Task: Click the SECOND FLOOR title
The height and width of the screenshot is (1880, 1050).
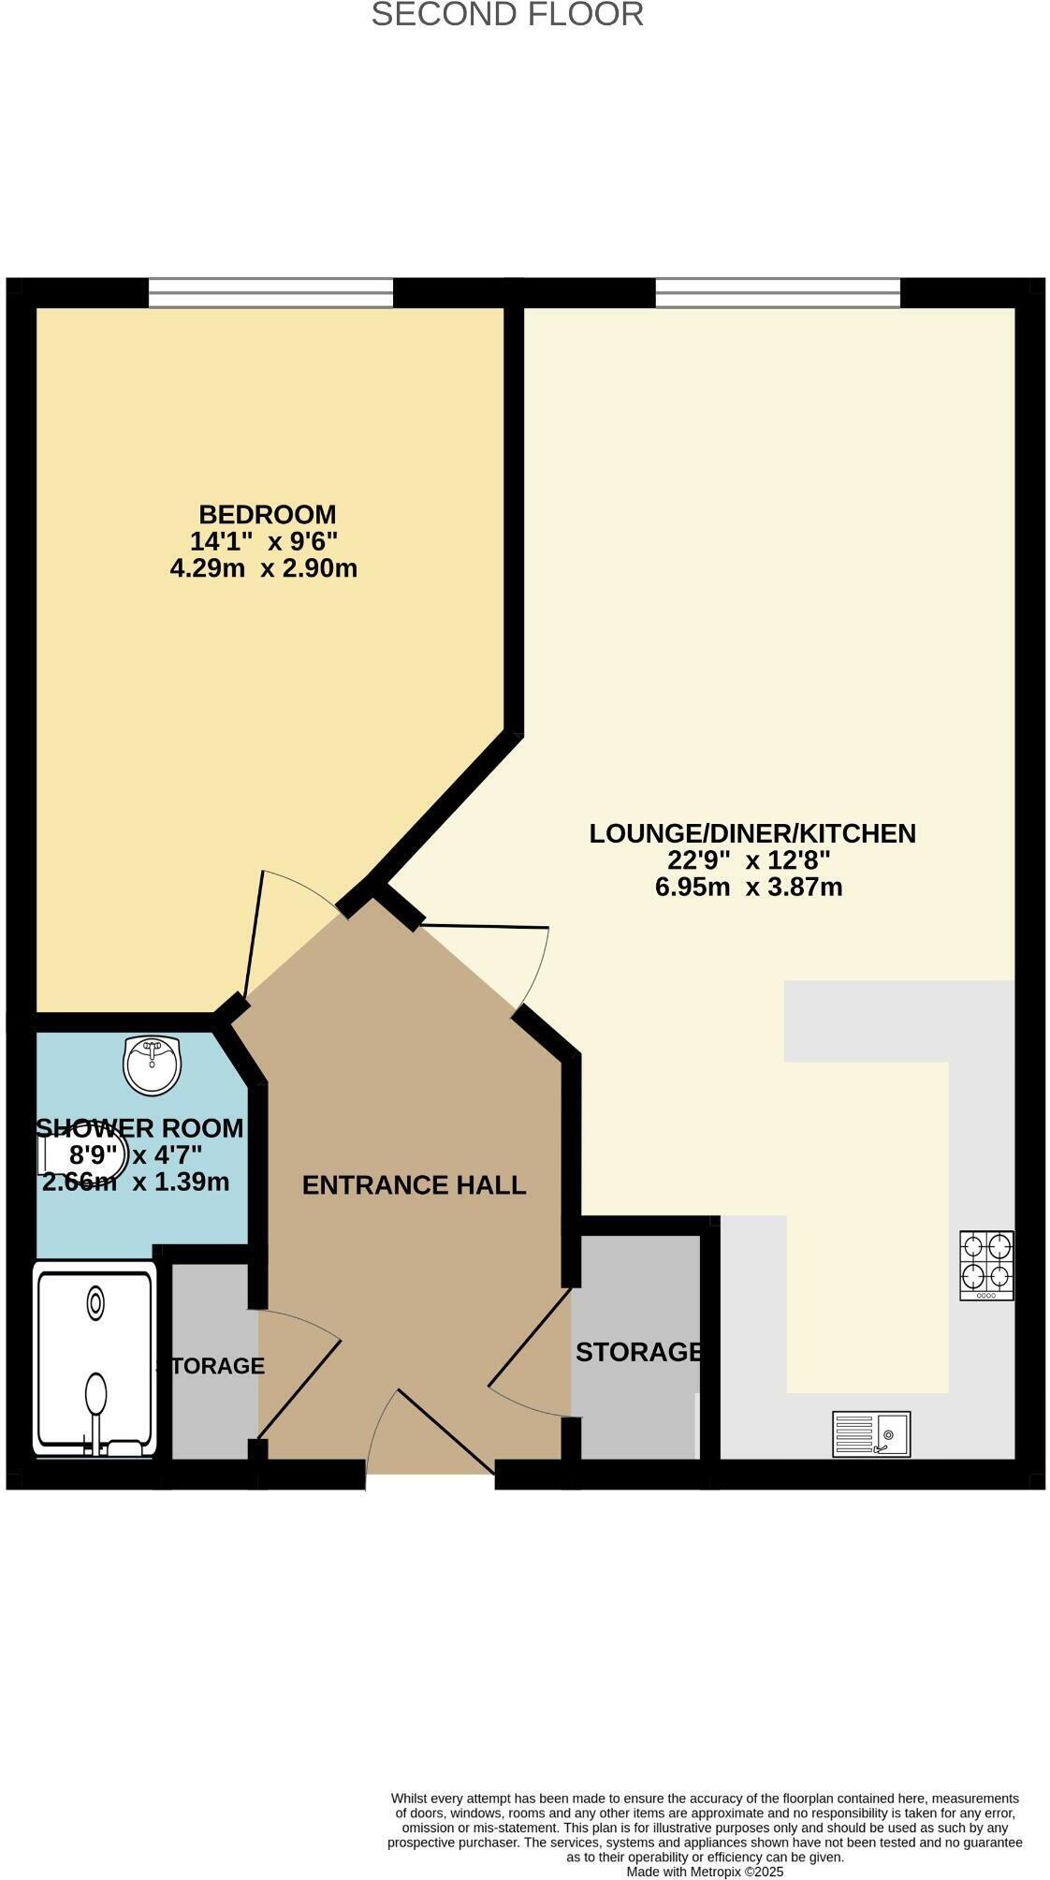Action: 507,15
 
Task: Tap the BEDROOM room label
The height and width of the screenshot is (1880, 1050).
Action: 267,514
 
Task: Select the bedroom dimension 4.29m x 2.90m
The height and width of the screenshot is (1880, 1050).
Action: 263,568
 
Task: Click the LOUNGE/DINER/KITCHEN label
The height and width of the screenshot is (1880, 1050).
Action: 751,833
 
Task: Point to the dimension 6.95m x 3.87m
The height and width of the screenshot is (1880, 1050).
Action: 749,887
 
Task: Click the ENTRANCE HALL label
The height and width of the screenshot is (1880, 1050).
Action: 414,1185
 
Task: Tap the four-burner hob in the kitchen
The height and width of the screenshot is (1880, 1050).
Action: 986,1265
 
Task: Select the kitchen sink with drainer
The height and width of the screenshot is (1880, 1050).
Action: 871,1433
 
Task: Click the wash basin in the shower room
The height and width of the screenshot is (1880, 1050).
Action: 152,1065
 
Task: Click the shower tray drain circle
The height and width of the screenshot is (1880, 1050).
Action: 95,1302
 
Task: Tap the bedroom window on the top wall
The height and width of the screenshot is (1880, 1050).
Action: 270,292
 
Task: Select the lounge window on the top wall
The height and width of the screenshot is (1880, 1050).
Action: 778,292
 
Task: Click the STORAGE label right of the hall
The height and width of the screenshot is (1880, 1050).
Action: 638,1352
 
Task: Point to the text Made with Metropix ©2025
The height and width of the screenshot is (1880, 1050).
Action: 704,1872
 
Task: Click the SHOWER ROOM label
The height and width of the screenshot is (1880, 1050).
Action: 140,1129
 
